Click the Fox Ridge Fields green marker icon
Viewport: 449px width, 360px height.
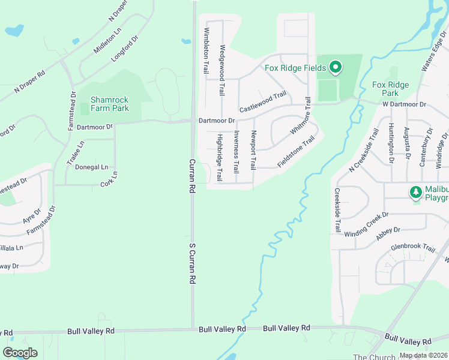click(x=335, y=67)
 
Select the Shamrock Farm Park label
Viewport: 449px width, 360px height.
click(x=110, y=104)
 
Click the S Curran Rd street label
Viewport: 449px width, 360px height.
click(x=193, y=263)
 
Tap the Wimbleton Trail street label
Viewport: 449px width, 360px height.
click(x=206, y=50)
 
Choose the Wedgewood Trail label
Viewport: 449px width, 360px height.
click(x=222, y=71)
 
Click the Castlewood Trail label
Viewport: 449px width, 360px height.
click(x=262, y=102)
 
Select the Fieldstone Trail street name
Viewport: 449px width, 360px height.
click(x=296, y=153)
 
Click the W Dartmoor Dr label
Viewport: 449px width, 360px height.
click(x=404, y=104)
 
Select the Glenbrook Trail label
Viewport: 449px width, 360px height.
click(x=412, y=247)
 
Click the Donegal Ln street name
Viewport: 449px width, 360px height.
click(x=92, y=167)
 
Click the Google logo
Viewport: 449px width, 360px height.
click(x=20, y=353)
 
